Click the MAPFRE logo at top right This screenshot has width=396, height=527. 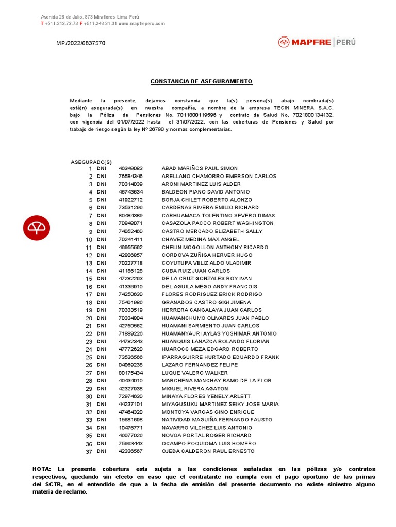pos(317,42)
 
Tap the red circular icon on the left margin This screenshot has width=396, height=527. pos(37,227)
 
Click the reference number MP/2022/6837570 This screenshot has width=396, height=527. pos(80,43)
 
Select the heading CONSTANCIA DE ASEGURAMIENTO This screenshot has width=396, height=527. pos(201,82)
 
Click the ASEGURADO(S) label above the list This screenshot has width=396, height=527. pos(91,162)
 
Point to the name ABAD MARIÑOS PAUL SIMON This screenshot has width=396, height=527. pos(200,168)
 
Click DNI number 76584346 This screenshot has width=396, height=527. pos(130,176)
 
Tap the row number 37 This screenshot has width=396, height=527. pos(89,452)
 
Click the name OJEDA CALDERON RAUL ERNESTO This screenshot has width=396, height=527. pos(208,451)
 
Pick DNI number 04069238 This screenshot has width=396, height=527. pos(130,365)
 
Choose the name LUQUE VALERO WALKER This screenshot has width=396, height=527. pos(194,373)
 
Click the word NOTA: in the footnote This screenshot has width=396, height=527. pos(42,469)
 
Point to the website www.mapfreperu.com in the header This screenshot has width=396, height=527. pos(141,24)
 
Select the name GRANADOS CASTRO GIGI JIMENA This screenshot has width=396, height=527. pos(206,302)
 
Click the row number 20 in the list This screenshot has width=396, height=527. pos(89,318)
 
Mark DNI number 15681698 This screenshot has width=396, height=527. pos(130,420)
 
